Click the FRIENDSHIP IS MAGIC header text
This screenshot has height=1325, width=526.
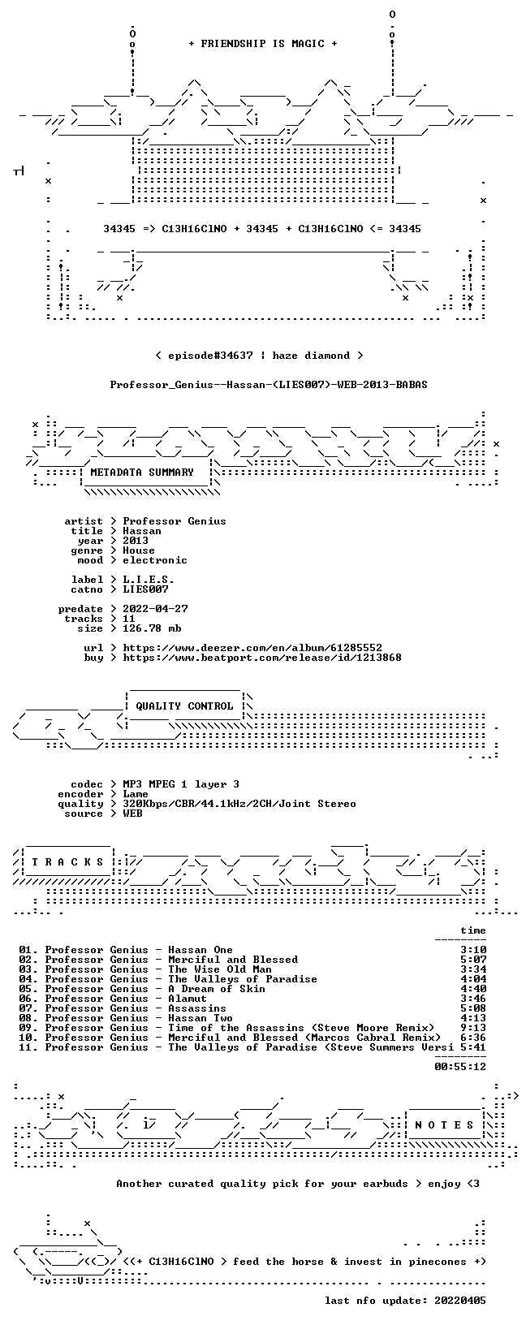[263, 44]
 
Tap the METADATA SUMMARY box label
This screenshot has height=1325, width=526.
[142, 473]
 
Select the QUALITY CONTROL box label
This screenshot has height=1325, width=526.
[184, 706]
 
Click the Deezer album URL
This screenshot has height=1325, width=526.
[252, 649]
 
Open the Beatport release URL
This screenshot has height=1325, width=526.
[262, 658]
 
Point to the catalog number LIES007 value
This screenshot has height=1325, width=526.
[145, 589]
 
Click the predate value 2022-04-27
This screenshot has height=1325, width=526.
[156, 609]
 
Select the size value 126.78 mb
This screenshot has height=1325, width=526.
[152, 628]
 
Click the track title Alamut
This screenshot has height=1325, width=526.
[188, 999]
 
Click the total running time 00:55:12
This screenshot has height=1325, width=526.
[460, 1067]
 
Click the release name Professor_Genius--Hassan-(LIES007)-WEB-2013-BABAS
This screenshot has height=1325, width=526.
[269, 385]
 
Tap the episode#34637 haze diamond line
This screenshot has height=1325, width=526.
[259, 356]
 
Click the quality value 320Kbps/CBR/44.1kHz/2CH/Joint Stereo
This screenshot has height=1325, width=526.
[239, 805]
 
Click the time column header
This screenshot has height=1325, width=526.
[473, 931]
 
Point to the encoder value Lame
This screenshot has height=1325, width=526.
[136, 794]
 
